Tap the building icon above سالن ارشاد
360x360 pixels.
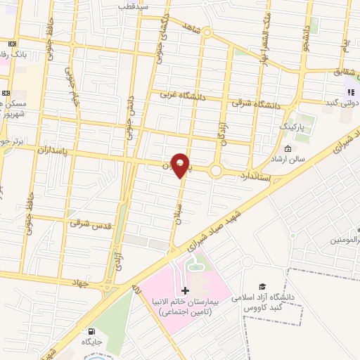288,148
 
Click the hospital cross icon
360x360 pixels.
185,290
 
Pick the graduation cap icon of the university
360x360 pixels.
262,286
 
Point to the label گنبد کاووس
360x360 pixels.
263,309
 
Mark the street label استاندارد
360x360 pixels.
258,173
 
